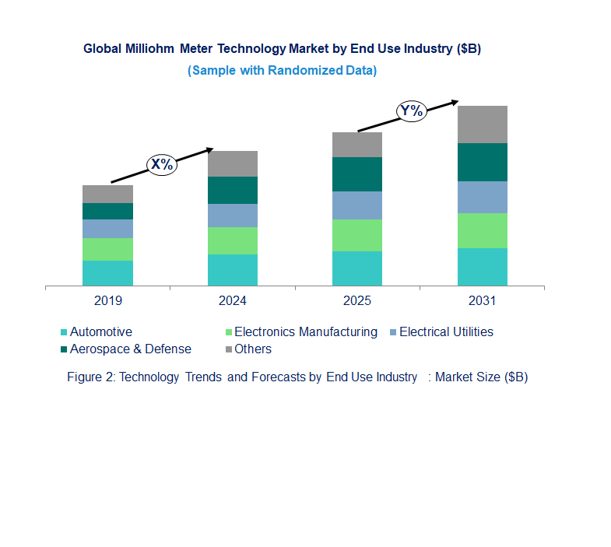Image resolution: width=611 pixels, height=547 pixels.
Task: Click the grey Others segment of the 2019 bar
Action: point(107,194)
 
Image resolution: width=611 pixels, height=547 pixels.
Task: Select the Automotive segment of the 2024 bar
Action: point(232,270)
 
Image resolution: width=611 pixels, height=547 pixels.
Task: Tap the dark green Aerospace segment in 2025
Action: point(357,174)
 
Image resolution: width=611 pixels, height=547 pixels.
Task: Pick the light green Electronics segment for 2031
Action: point(482,230)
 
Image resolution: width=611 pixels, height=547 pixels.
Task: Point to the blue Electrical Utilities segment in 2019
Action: point(107,229)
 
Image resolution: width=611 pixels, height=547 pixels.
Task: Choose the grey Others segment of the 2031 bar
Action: point(482,124)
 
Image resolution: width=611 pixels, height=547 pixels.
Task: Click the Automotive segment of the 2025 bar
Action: point(357,268)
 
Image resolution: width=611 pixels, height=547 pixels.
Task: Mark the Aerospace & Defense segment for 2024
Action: point(232,190)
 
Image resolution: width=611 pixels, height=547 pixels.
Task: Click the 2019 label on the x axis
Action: point(107,300)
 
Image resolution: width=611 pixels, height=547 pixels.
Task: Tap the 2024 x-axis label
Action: point(232,300)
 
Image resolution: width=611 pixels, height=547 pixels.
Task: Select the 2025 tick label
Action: point(357,300)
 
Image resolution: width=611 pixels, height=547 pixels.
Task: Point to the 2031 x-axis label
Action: point(482,300)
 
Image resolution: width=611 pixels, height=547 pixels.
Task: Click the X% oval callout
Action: point(162,164)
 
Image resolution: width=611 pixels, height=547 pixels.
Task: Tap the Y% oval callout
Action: point(411,110)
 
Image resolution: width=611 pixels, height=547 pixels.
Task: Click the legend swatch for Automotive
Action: point(64,332)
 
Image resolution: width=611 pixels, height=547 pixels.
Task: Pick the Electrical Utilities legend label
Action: point(446,332)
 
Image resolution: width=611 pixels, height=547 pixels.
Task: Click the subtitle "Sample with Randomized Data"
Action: point(282,70)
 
